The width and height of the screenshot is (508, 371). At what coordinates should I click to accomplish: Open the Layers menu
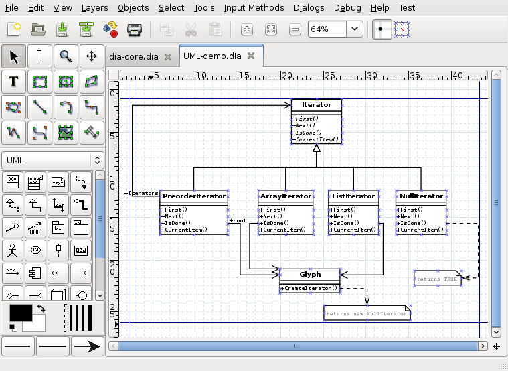pyautogui.click(x=94, y=8)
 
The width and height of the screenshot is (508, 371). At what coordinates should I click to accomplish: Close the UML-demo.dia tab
pyautogui.click(x=251, y=56)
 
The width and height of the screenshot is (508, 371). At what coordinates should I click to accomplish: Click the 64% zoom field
pyautogui.click(x=327, y=29)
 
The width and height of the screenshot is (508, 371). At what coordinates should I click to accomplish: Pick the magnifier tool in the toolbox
pyautogui.click(x=66, y=56)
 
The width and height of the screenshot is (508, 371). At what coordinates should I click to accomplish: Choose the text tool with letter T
pyautogui.click(x=13, y=82)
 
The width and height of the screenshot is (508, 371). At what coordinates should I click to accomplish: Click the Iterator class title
pyautogui.click(x=317, y=105)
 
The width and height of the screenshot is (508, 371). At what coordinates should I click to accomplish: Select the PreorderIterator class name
pyautogui.click(x=194, y=196)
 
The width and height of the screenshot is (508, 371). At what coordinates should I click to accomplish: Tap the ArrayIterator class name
pyautogui.click(x=286, y=196)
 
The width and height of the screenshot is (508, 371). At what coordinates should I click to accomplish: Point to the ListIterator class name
pyautogui.click(x=353, y=196)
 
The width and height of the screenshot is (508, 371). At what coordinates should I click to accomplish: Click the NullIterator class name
pyautogui.click(x=420, y=196)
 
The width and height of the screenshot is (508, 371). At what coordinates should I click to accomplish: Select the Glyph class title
pyautogui.click(x=310, y=274)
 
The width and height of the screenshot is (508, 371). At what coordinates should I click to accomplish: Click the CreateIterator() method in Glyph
pyautogui.click(x=309, y=288)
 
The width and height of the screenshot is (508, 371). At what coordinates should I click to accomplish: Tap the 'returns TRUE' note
pyautogui.click(x=438, y=278)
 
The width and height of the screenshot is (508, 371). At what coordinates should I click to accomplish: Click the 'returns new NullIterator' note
pyautogui.click(x=365, y=313)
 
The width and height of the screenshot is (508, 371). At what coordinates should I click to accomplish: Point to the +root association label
pyautogui.click(x=238, y=220)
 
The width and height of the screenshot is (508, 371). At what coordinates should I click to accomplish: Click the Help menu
pyautogui.click(x=379, y=8)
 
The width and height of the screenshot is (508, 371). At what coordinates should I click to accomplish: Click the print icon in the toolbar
pyautogui.click(x=134, y=29)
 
